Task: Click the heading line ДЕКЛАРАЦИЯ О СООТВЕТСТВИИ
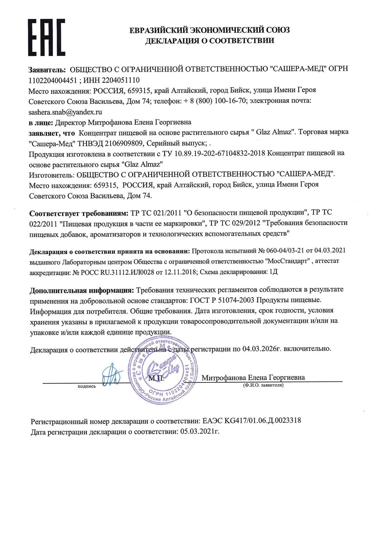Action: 210,41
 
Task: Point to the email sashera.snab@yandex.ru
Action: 66,112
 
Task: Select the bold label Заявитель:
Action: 47,69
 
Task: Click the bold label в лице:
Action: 41,123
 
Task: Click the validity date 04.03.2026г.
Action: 262,348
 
